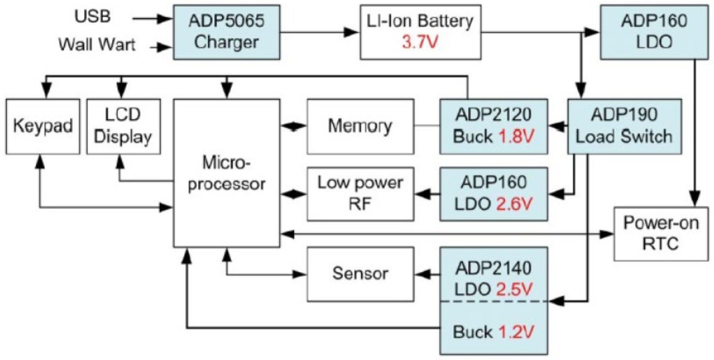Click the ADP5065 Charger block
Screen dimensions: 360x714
(x=226, y=32)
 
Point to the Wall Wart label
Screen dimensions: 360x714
(x=97, y=44)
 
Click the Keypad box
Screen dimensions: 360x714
(x=43, y=126)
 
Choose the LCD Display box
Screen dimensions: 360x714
(x=123, y=126)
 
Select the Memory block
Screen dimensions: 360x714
(x=360, y=126)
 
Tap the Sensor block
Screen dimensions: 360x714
(x=360, y=274)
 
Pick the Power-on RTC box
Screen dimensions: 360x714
(x=661, y=234)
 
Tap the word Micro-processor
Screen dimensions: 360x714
(x=226, y=173)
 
